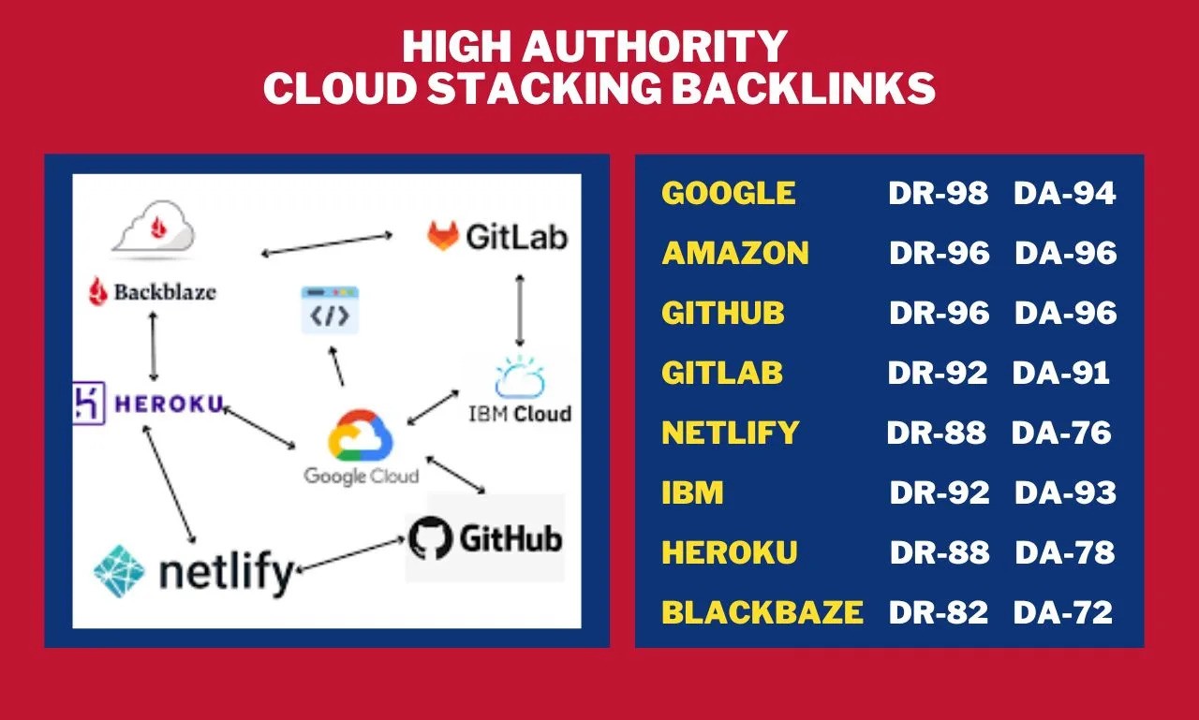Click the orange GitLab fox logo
pyautogui.click(x=443, y=235)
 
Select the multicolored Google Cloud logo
pyautogui.click(x=361, y=436)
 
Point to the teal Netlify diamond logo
pyautogui.click(x=120, y=570)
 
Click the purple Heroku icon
pyautogui.click(x=89, y=404)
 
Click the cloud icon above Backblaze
pyautogui.click(x=153, y=228)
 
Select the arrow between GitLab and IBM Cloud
pyautogui.click(x=519, y=312)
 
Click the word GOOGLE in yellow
pyautogui.click(x=728, y=194)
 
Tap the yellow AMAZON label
pyautogui.click(x=735, y=253)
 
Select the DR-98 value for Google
pyautogui.click(x=938, y=194)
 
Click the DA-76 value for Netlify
pyautogui.click(x=1061, y=433)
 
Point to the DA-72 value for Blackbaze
pyautogui.click(x=1063, y=612)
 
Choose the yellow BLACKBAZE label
pyautogui.click(x=762, y=612)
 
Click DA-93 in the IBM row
pyautogui.click(x=1065, y=492)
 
